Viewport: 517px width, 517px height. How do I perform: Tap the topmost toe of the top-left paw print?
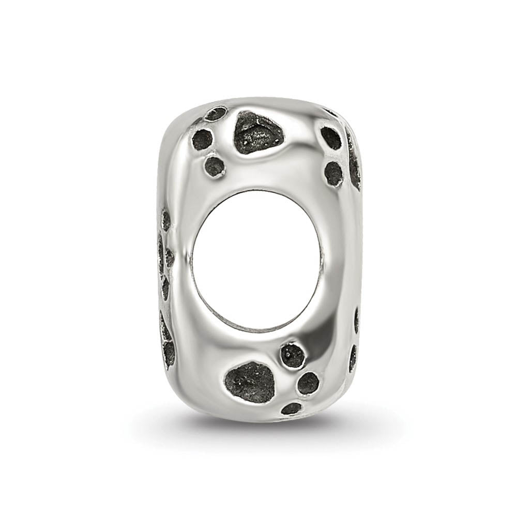[x=216, y=114]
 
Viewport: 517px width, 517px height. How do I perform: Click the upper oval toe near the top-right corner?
[x=331, y=138]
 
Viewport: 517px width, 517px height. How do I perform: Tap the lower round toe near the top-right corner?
[x=333, y=173]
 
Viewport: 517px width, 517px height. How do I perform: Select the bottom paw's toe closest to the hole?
[x=292, y=355]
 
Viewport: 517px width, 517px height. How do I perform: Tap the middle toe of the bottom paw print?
[x=309, y=383]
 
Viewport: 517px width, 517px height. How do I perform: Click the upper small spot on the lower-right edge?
[x=357, y=321]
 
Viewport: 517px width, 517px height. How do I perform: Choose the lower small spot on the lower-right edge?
[x=354, y=357]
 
